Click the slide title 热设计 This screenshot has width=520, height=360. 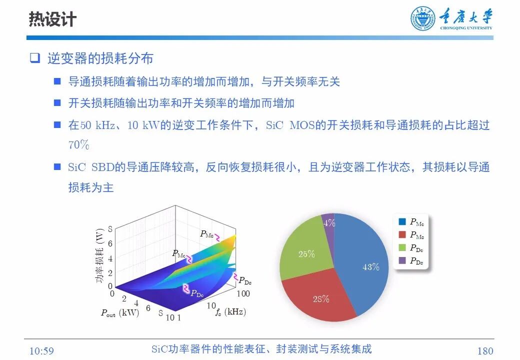[x=52, y=19]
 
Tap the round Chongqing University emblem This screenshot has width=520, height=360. [x=423, y=19]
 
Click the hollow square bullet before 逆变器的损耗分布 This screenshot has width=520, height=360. [x=34, y=58]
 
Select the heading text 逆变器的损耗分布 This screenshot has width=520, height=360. [x=100, y=58]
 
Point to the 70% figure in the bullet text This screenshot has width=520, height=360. [x=78, y=145]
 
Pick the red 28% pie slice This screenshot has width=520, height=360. [x=320, y=297]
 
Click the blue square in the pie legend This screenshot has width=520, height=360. [x=402, y=221]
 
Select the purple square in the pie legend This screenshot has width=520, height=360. [x=402, y=260]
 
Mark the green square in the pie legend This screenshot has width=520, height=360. [x=402, y=247]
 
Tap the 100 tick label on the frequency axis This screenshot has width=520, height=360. [x=243, y=293]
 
